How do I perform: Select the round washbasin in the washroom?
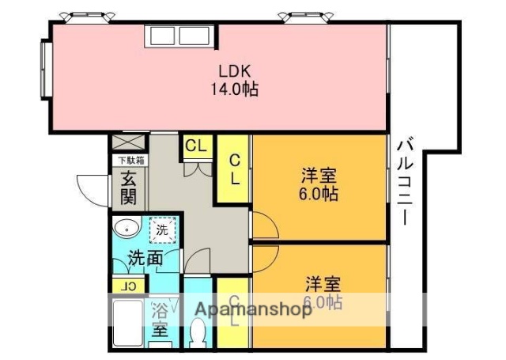pos(126,230)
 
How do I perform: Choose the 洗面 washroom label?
pos(146,257)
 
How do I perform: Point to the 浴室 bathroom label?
pos(160,319)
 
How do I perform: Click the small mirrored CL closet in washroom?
pos(130,286)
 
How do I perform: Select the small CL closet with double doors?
pos(196,146)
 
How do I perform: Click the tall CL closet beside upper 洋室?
pos(235,169)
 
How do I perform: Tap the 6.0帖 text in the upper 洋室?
pos(319,194)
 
